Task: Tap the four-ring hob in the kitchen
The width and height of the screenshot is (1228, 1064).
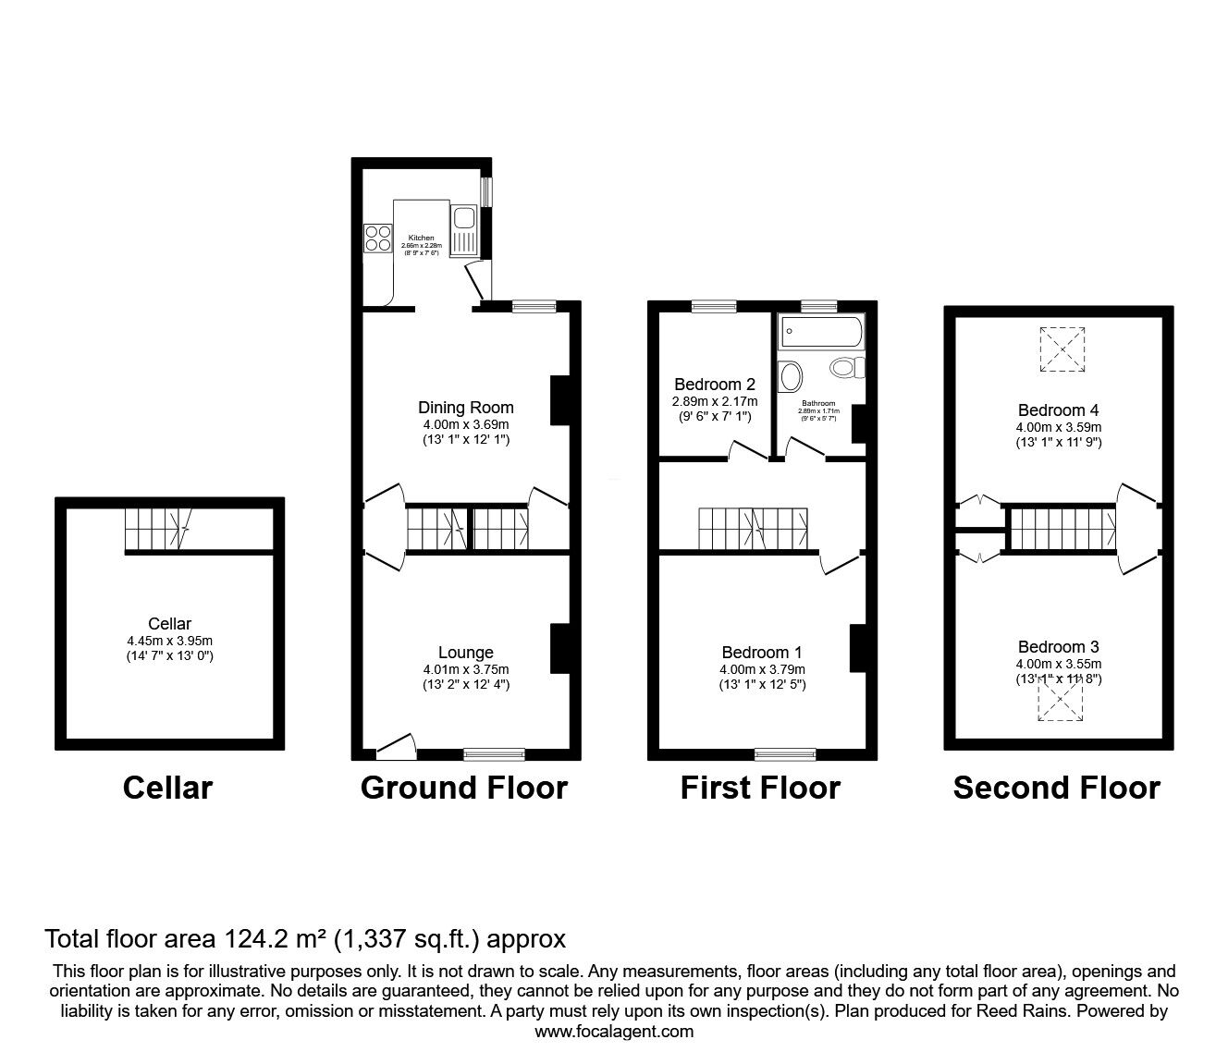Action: [378, 238]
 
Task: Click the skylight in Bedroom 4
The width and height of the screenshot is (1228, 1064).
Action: [1061, 349]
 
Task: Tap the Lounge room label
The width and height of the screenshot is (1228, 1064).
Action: [465, 653]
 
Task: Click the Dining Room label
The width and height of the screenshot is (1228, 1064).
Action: [465, 407]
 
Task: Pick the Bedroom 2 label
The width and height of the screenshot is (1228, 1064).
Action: [715, 384]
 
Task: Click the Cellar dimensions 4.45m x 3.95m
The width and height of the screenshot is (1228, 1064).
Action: [169, 641]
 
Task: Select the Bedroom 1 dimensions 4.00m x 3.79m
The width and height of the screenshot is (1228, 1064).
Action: [762, 669]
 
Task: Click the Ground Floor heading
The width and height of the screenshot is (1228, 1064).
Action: [463, 788]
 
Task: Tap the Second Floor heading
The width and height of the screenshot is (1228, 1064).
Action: [1056, 788]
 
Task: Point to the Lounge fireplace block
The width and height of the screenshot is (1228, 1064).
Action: [560, 648]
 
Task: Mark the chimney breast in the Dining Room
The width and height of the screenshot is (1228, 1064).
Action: [560, 400]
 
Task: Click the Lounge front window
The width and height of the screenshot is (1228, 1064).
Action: [491, 754]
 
